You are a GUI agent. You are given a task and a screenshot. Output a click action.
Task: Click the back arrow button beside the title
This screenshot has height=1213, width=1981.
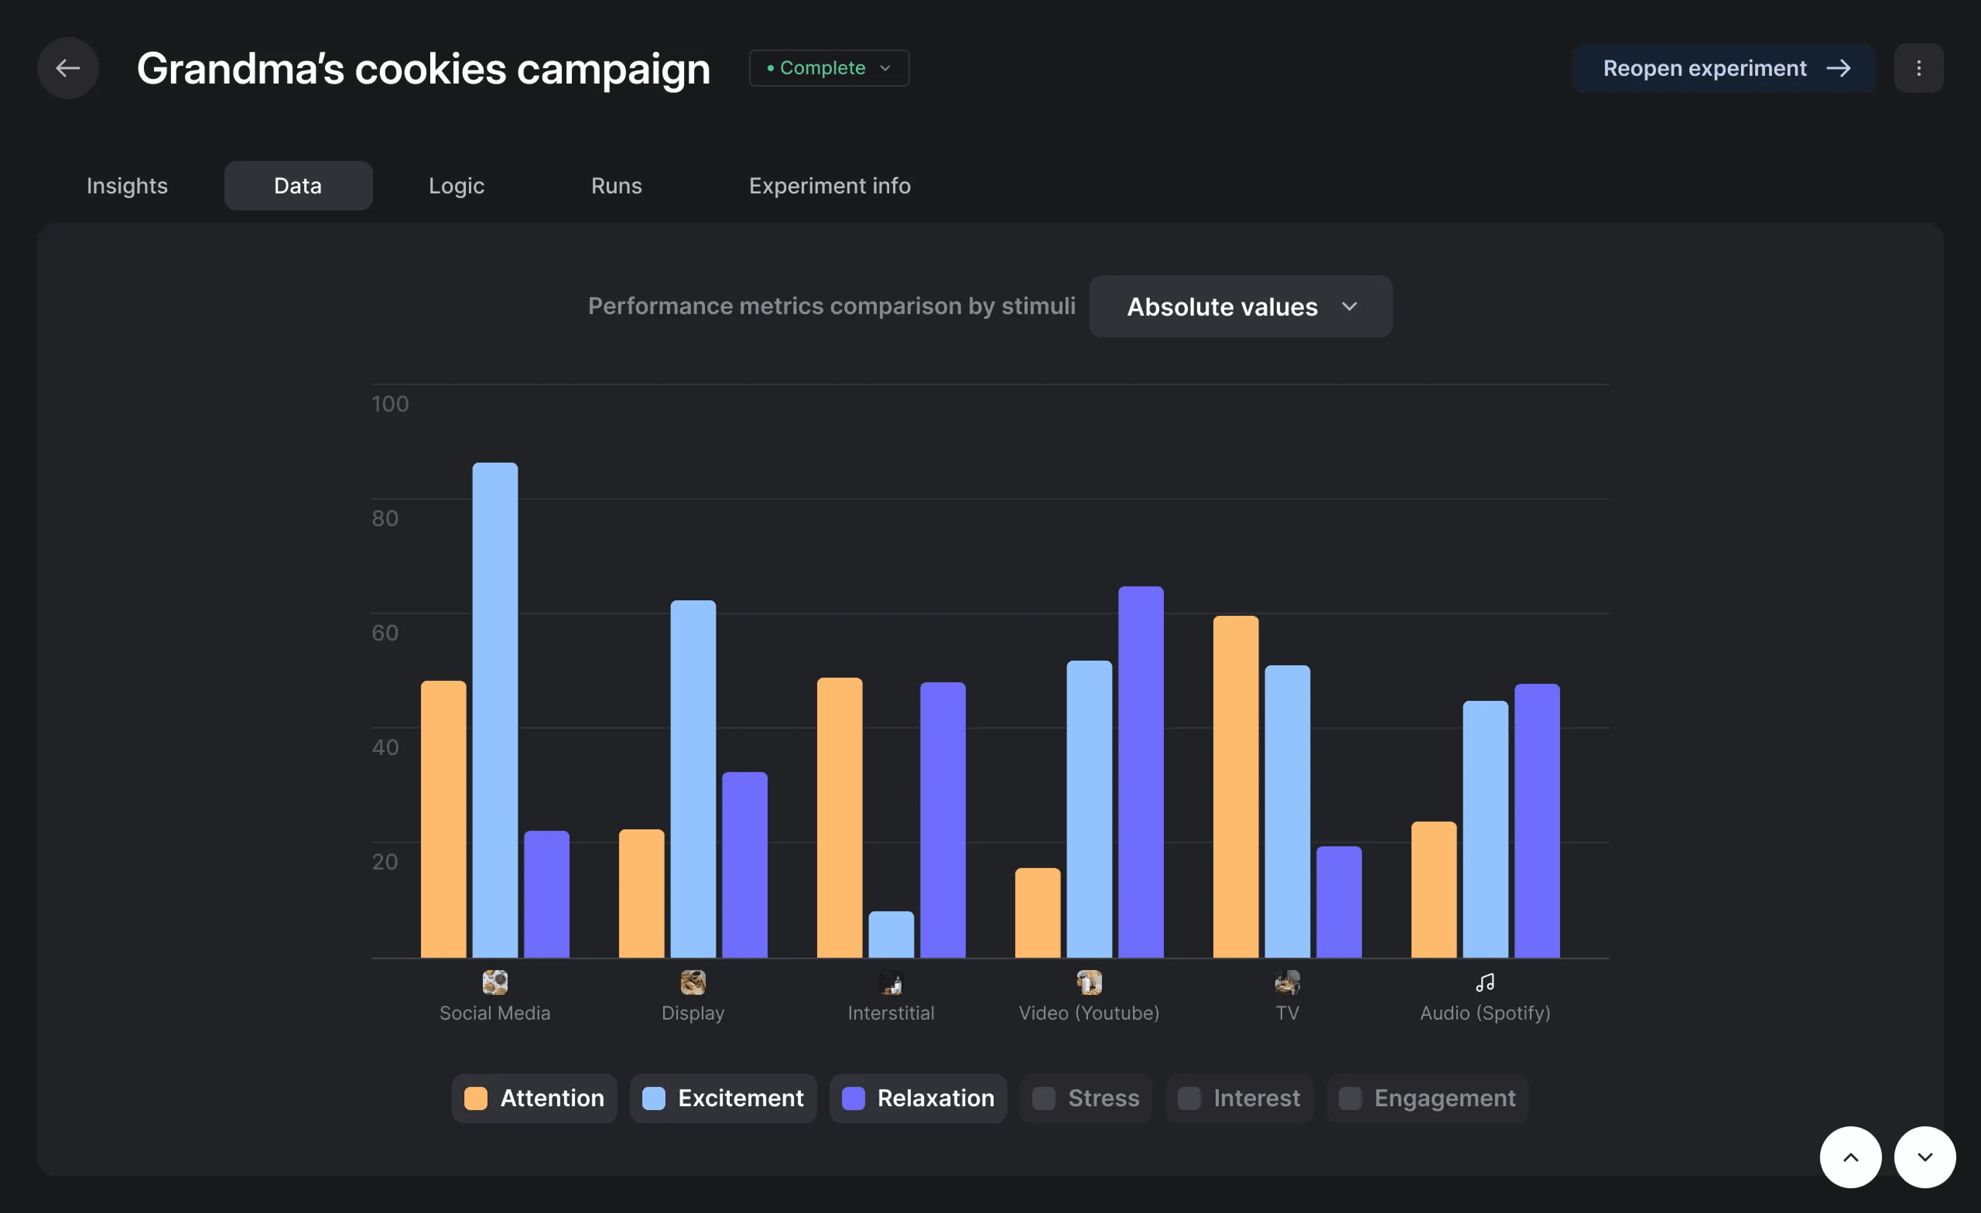pos(68,68)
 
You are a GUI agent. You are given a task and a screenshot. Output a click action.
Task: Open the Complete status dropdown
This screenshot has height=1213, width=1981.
pos(829,68)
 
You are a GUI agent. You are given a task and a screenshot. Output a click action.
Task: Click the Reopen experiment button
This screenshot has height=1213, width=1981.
pos(1723,68)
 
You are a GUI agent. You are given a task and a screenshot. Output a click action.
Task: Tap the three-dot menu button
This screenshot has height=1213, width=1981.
pos(1918,68)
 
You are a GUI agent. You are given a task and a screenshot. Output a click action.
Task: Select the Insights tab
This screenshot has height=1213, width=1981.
pos(127,186)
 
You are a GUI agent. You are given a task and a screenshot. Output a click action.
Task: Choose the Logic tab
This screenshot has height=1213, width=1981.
pos(456,186)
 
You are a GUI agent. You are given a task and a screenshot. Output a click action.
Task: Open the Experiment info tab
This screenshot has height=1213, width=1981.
pos(829,186)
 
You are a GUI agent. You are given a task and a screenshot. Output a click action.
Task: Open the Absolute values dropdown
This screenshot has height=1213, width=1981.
pos(1240,306)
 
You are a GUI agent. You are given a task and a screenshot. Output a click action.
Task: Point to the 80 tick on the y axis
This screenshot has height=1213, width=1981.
pos(384,518)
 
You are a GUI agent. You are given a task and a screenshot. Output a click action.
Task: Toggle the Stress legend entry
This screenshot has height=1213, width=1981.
pos(1086,1098)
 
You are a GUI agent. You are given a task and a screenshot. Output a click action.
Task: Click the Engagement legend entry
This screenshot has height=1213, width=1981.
pos(1427,1098)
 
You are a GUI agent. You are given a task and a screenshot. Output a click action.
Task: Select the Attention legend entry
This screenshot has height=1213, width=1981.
pos(534,1098)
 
